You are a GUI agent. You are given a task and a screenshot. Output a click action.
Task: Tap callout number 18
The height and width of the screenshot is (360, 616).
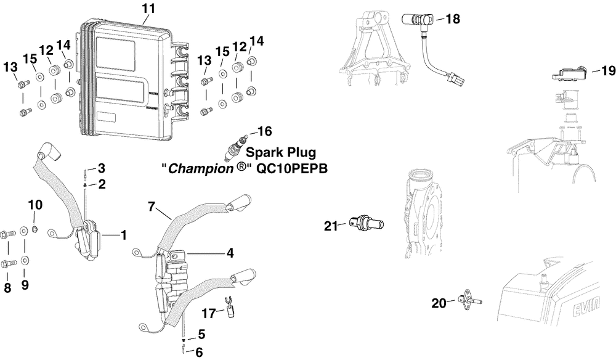click(x=452, y=19)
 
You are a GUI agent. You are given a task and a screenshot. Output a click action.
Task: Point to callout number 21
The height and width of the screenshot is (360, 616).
click(x=331, y=227)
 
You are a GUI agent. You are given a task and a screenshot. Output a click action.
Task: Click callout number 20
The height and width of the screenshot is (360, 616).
click(x=438, y=303)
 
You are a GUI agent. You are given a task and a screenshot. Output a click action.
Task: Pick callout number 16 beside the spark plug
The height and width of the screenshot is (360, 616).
click(x=264, y=131)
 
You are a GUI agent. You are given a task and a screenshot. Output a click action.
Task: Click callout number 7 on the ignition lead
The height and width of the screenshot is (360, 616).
click(x=151, y=207)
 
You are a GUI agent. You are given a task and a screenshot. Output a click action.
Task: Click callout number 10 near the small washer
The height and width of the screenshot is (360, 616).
click(x=35, y=205)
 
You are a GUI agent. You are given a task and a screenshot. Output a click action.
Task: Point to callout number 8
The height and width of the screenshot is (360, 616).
click(x=7, y=287)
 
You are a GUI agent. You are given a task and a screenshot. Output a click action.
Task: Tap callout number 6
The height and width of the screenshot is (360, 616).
click(x=199, y=353)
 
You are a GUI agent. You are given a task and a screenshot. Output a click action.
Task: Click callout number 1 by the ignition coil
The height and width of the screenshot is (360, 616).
click(x=123, y=235)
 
